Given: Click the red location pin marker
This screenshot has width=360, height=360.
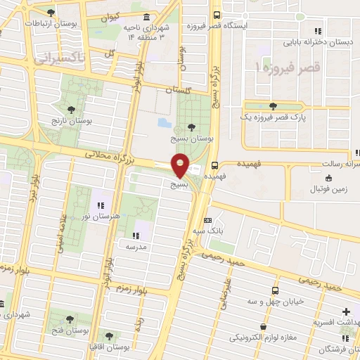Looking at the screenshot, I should click(x=181, y=165).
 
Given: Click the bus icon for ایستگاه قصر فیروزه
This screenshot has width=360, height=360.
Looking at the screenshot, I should click(x=216, y=15).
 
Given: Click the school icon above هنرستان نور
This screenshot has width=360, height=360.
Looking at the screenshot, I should click(x=101, y=205).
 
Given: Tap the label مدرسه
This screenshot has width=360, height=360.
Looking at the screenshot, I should click(x=135, y=247).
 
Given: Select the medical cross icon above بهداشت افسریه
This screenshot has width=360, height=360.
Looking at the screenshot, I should click(x=345, y=311).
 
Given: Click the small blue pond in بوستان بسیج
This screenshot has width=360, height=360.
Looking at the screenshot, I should click(x=164, y=123).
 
